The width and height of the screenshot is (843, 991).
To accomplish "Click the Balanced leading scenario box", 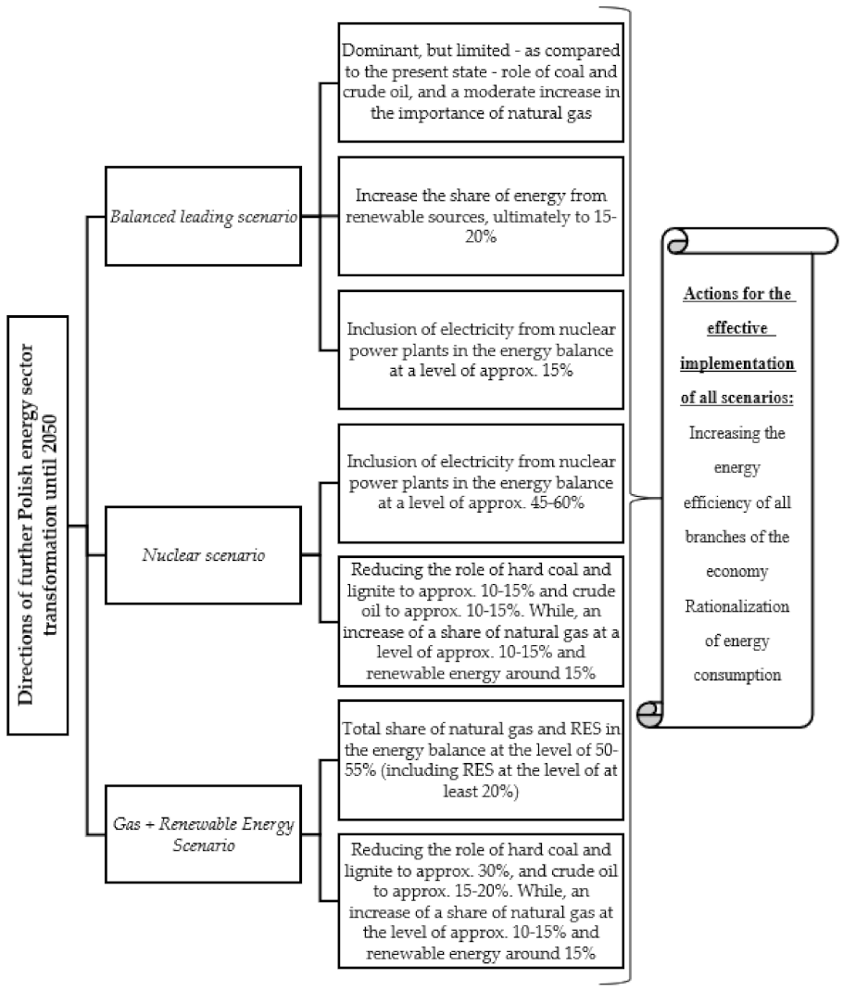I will [x=203, y=216].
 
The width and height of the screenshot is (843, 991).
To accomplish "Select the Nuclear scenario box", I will [x=203, y=556].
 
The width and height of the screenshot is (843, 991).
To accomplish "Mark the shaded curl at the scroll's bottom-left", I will [x=651, y=714].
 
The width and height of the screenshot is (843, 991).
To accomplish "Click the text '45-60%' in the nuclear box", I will [x=566, y=502].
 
